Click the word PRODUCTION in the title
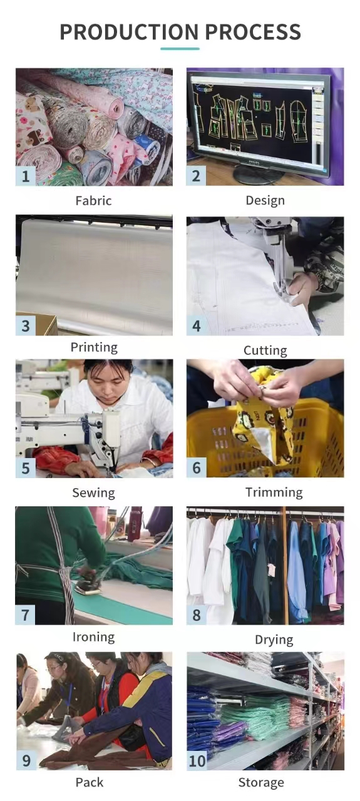[129, 32]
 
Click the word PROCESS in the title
[254, 32]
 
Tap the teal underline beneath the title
[180, 48]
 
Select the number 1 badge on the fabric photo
[26, 176]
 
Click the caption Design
[265, 201]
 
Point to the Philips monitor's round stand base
[257, 174]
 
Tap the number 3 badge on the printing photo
[26, 326]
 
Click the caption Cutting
[265, 350]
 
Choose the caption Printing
[94, 347]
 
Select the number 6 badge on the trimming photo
[197, 467]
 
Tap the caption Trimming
[274, 492]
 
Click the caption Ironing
[94, 637]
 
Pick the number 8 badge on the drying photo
[197, 615]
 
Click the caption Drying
[274, 640]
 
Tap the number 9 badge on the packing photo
[26, 760]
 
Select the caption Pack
[90, 782]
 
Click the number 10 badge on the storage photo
[197, 760]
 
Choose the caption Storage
[261, 783]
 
